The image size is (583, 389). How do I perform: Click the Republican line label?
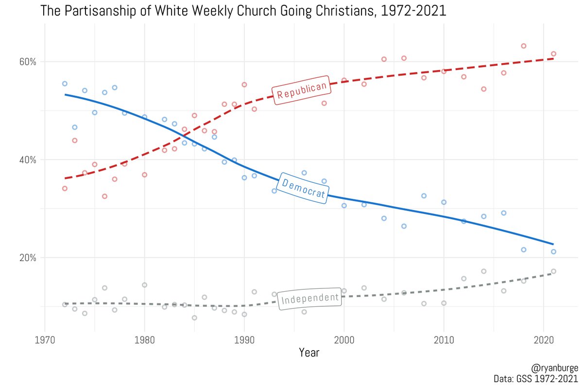pyautogui.click(x=301, y=90)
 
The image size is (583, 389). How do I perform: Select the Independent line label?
pyautogui.click(x=310, y=298)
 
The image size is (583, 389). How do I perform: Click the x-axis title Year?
pyautogui.click(x=309, y=353)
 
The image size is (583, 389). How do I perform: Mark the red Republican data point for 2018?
pyautogui.click(x=524, y=46)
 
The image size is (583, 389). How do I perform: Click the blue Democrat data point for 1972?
pyautogui.click(x=65, y=84)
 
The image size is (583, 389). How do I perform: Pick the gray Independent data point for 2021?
pyautogui.click(x=553, y=271)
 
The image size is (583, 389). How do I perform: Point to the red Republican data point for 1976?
pyautogui.click(x=104, y=196)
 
